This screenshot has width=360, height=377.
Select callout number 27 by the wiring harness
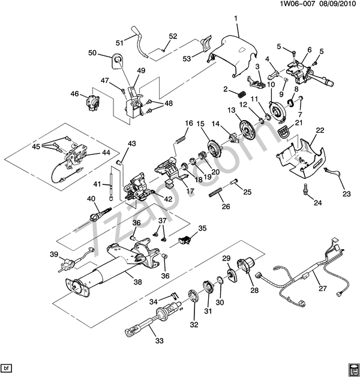(323, 288)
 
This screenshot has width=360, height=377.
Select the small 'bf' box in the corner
(6, 367)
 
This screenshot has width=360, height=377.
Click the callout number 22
(319, 130)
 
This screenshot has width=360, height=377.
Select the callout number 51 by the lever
(119, 42)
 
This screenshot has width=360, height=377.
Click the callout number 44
(106, 152)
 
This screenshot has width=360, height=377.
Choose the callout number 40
(91, 199)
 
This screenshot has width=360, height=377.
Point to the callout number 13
(230, 110)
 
